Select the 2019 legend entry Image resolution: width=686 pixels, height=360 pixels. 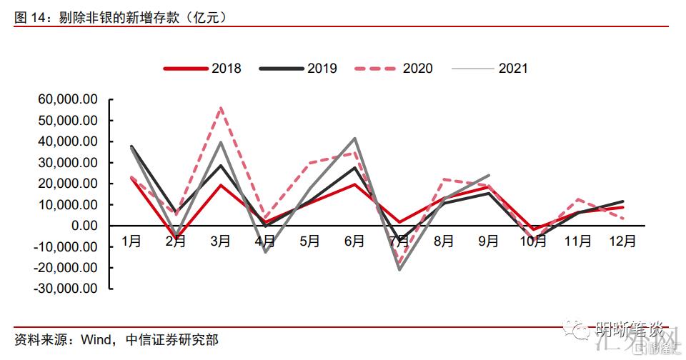[298, 69]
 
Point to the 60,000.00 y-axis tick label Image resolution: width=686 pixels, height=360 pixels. [64, 99]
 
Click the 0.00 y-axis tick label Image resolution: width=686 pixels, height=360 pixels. [80, 226]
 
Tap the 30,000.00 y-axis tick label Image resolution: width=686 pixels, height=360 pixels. [64, 162]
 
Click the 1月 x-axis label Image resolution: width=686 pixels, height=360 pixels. [131, 241]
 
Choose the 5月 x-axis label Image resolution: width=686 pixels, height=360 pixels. [310, 241]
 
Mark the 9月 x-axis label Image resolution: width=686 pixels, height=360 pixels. [489, 241]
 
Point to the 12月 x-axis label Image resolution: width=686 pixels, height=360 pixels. [623, 241]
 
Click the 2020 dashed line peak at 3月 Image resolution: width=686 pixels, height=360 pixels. [221, 108]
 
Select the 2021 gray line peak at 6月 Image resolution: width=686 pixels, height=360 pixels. [355, 139]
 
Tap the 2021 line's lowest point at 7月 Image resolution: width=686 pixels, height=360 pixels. [399, 269]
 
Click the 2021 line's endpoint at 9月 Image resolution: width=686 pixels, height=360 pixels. [489, 175]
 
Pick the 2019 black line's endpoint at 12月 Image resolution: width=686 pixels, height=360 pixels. [623, 201]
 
